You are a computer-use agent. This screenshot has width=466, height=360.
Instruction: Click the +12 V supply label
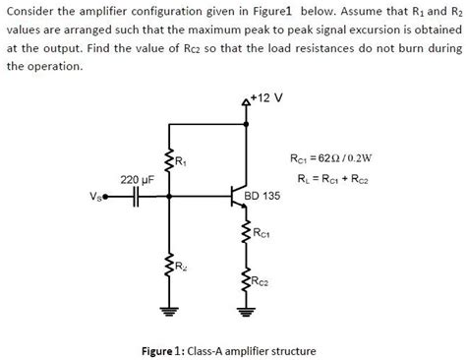[266, 97]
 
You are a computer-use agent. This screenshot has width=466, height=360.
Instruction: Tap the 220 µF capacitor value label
[135, 180]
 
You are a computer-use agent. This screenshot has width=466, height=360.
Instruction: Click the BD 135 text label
[264, 197]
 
